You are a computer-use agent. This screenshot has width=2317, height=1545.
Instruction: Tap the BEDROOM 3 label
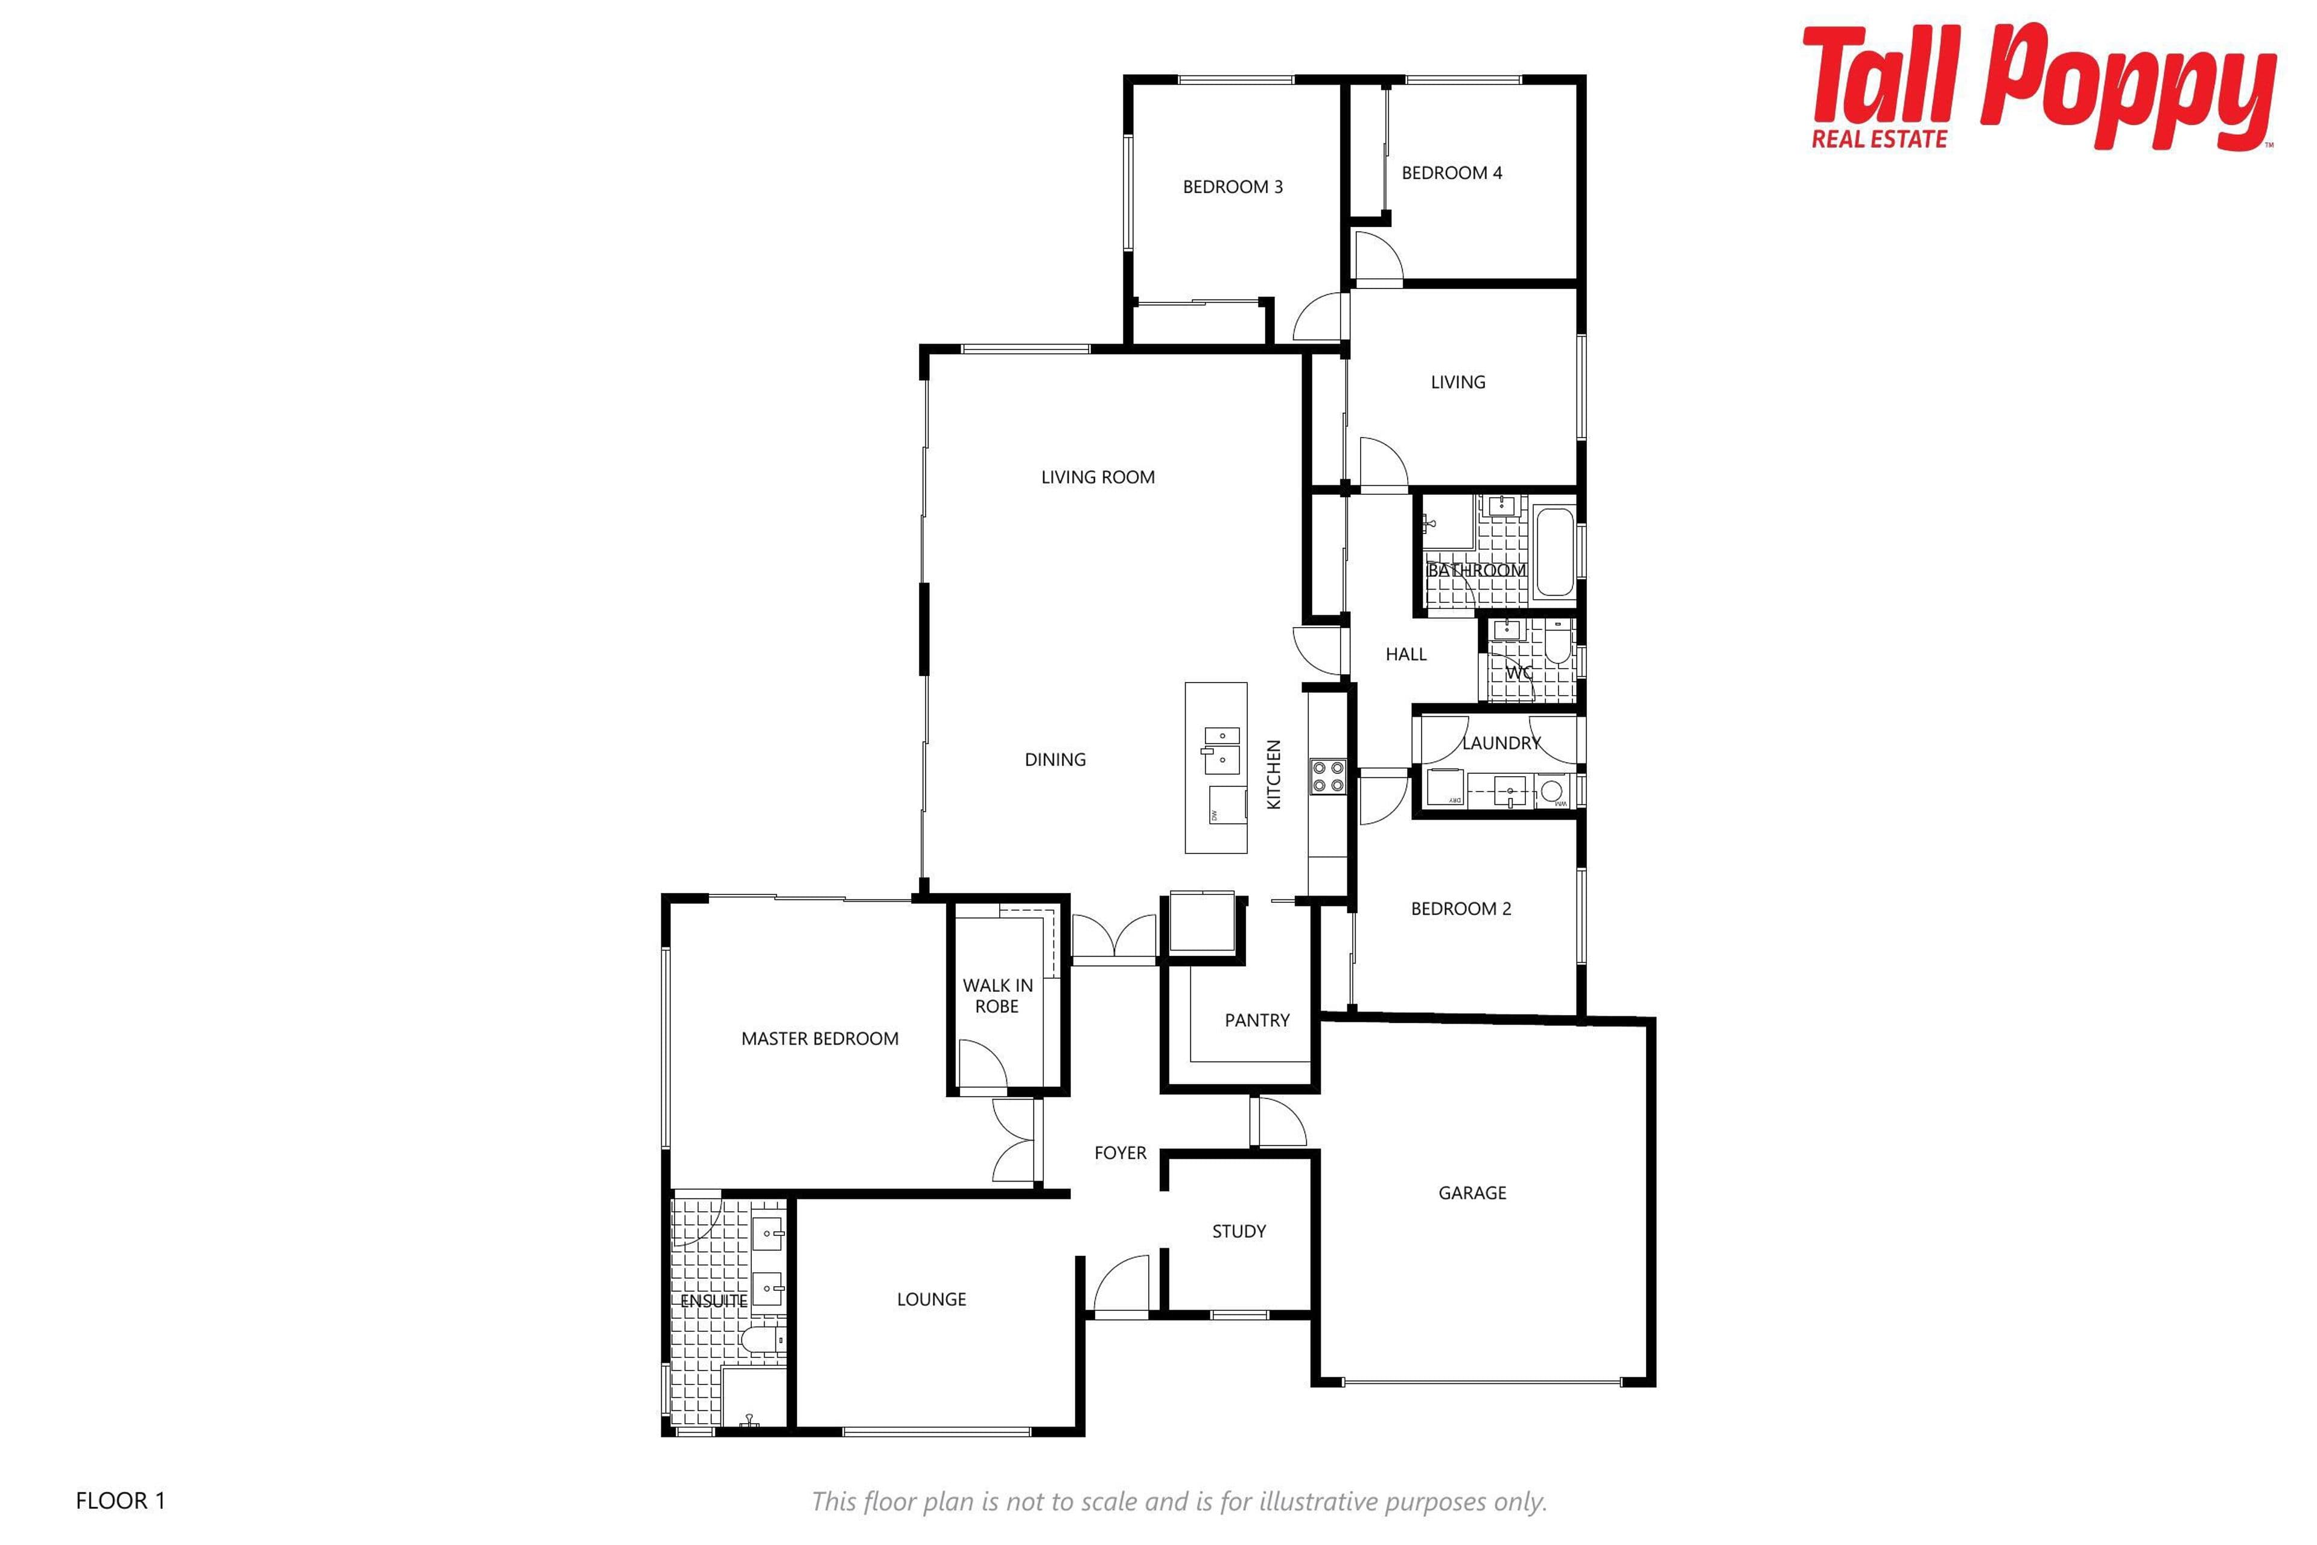coord(1232,187)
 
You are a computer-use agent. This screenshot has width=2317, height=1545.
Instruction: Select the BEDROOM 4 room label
coord(1452,173)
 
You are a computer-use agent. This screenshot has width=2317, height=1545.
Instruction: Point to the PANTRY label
coord(1257,1021)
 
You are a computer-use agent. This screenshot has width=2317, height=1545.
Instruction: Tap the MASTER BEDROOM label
coord(819,1039)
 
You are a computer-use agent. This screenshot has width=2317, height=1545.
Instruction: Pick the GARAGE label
coord(1472,1193)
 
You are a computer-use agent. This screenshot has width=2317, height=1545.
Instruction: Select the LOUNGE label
coord(931,1299)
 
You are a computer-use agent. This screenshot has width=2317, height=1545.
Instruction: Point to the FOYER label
coord(1120,1153)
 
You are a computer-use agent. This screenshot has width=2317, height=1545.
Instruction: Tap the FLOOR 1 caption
coord(120,1501)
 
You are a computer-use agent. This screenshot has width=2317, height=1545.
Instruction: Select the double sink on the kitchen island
coord(1221,748)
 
